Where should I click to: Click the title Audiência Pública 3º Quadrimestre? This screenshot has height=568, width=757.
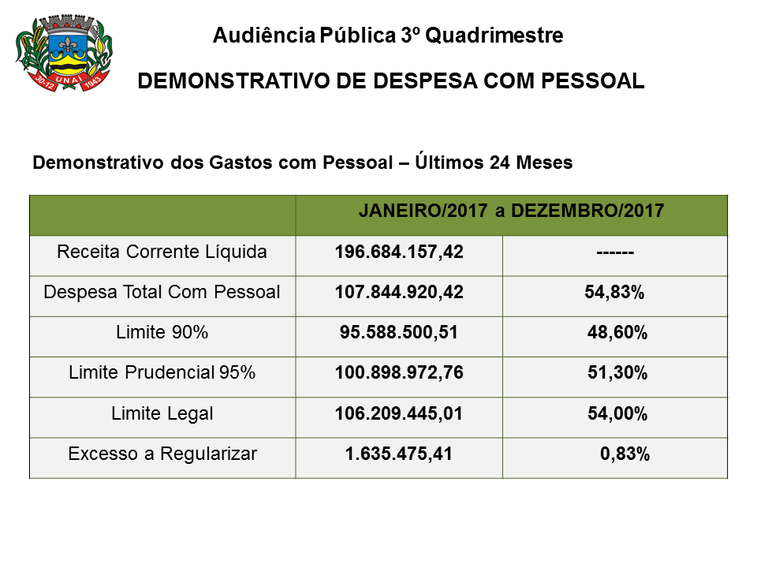[x=388, y=35]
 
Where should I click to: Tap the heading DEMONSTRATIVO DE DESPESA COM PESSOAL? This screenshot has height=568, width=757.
[x=391, y=81]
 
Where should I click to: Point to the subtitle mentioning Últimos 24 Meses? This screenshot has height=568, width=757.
[x=302, y=163]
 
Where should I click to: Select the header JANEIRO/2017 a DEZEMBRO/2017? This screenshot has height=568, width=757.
[x=511, y=211]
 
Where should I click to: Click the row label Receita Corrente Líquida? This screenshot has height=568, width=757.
[x=162, y=252]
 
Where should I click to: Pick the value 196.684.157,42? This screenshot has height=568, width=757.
[x=398, y=252]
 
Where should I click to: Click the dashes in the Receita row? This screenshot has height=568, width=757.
[x=615, y=252]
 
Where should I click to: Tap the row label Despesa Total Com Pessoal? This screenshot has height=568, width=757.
[x=162, y=292]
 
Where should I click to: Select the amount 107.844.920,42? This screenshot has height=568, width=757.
[x=398, y=293]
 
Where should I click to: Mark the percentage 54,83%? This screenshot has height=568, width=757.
[x=615, y=293]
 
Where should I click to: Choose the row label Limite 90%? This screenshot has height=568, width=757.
[x=162, y=333]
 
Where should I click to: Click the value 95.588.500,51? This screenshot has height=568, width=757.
[x=398, y=333]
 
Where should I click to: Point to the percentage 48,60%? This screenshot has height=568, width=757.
[x=617, y=333]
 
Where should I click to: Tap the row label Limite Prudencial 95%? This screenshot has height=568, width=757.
[x=162, y=372]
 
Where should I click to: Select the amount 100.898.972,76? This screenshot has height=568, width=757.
[x=398, y=373]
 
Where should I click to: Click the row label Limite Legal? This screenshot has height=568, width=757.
[x=162, y=413]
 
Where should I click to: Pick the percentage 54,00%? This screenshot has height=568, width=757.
[x=617, y=413]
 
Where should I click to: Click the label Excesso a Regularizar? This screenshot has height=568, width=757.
[x=162, y=454]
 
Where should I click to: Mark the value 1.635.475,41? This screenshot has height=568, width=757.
[x=398, y=454]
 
